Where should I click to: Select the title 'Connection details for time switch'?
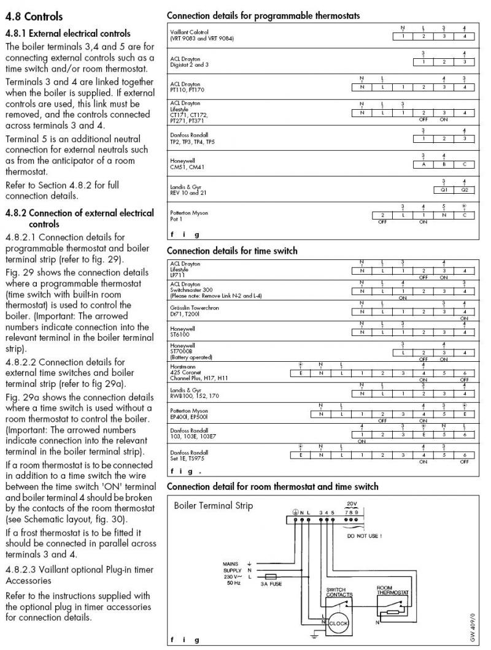(x=232, y=251)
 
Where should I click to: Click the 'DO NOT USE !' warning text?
(x=365, y=535)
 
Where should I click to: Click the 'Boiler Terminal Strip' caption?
(x=213, y=507)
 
